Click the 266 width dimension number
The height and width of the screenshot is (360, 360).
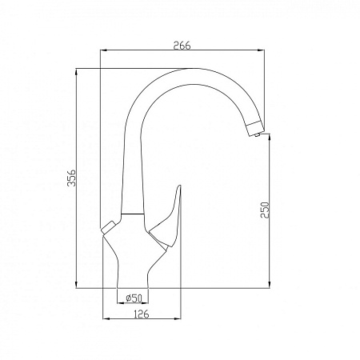[183, 46]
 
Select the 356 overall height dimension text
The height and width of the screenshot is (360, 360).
[70, 180]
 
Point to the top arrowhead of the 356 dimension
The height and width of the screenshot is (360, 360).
[76, 71]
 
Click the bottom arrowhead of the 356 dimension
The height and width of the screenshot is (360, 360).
[76, 286]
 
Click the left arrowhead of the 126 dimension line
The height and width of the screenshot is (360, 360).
[107, 318]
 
